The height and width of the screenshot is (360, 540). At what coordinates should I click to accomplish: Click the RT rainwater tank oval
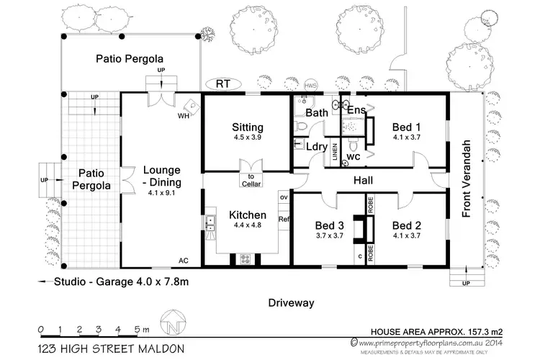(x=223, y=84)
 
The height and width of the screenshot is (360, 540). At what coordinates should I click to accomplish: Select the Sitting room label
(x=247, y=127)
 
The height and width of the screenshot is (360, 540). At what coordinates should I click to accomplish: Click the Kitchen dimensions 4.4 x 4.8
(x=247, y=226)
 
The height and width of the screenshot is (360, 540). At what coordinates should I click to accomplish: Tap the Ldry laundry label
(x=318, y=147)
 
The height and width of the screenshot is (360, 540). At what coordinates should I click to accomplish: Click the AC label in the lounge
(x=184, y=261)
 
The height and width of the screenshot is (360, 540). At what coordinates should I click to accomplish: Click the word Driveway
(x=291, y=303)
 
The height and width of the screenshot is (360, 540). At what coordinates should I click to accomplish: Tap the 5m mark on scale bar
(x=138, y=329)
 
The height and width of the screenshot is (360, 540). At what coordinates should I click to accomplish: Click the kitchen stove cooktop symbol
(x=244, y=258)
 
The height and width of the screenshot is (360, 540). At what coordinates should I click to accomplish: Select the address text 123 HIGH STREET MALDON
(x=112, y=348)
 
